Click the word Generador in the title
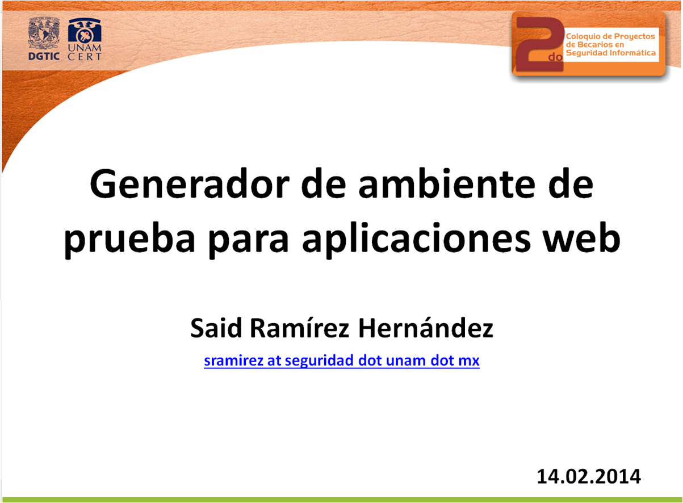click(x=190, y=185)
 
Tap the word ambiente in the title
click(x=447, y=184)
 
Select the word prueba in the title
click(x=129, y=241)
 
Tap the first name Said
click(x=216, y=328)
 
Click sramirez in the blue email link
click(x=233, y=361)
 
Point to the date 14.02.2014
click(x=589, y=476)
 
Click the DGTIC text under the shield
click(x=44, y=56)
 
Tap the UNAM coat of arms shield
click(x=44, y=33)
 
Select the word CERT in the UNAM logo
click(x=84, y=57)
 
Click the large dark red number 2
click(x=539, y=44)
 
